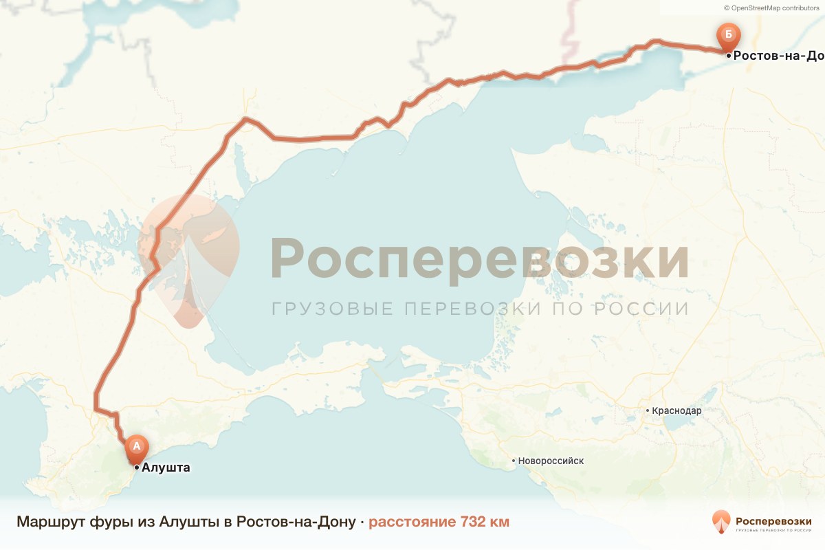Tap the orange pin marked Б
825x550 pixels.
click(727, 35)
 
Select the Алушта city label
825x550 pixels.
click(165, 467)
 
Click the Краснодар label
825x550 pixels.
click(677, 411)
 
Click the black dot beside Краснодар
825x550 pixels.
click(648, 411)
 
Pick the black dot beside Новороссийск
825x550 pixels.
click(514, 461)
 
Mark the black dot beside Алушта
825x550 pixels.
click(137, 467)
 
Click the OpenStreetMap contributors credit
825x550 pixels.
click(771, 8)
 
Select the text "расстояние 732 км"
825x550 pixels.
click(439, 522)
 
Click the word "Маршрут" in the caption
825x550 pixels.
click(50, 522)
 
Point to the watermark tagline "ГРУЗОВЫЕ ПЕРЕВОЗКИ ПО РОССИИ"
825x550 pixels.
click(479, 309)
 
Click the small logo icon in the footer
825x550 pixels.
click(721, 522)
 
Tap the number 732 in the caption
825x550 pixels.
click(471, 522)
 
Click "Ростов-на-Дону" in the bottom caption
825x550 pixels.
click(296, 522)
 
